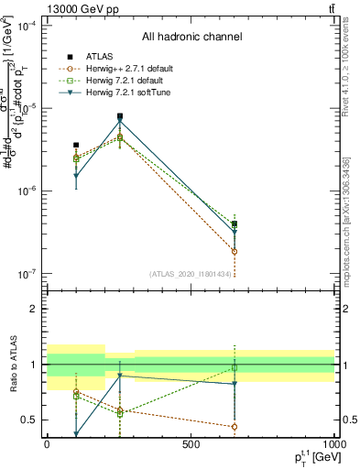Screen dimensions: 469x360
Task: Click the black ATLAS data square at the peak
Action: point(120,116)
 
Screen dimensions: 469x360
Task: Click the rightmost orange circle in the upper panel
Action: point(235,251)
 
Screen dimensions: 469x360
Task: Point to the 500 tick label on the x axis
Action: point(191,443)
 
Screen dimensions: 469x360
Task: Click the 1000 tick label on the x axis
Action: point(333,443)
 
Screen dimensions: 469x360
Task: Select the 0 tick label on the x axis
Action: point(47,443)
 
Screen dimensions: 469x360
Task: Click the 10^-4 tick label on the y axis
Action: point(29,26)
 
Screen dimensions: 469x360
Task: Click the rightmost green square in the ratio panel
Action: point(235,367)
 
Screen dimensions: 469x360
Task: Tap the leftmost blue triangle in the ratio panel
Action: point(76,435)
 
